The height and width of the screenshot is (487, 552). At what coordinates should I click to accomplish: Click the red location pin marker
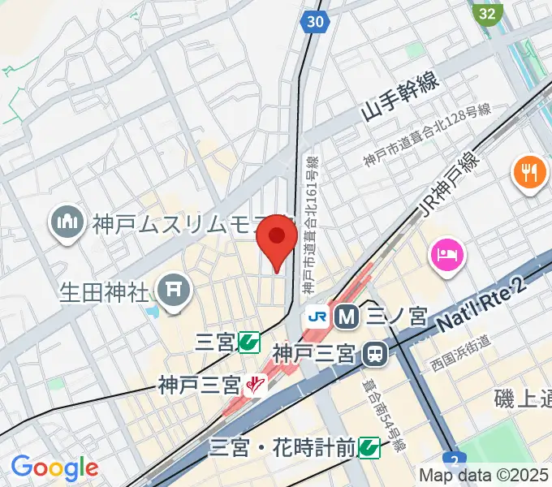pyautogui.click(x=277, y=238)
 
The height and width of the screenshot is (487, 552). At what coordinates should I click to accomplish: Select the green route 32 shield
pyautogui.click(x=487, y=14)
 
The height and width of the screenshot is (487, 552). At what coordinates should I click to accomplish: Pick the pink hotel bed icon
pyautogui.click(x=447, y=256)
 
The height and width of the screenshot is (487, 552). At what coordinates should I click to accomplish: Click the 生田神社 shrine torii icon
pyautogui.click(x=172, y=291)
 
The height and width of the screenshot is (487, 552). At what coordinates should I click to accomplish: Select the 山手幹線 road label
pyautogui.click(x=399, y=95)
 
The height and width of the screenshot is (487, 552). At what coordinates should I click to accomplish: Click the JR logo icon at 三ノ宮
pyautogui.click(x=317, y=317)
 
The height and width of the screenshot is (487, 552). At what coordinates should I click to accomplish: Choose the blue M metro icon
pyautogui.click(x=347, y=317)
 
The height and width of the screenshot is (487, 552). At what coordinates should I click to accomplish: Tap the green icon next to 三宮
pyautogui.click(x=249, y=343)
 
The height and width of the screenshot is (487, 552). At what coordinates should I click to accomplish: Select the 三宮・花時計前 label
pyautogui.click(x=283, y=446)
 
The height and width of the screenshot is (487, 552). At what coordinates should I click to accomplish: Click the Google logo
pyautogui.click(x=55, y=468)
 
